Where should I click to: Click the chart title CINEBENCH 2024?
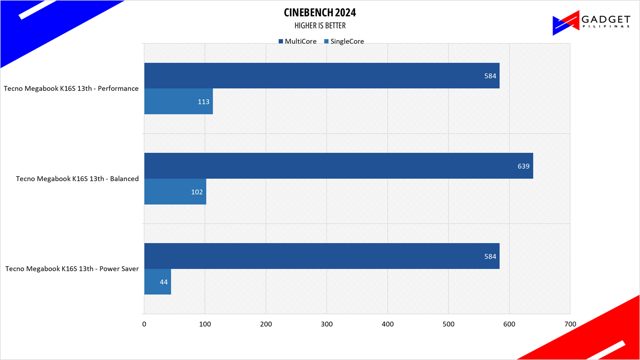[x=320, y=12]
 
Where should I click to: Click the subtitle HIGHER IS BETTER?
[x=320, y=26]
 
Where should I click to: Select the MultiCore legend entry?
[x=298, y=41]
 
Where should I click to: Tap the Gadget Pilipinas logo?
[x=591, y=22]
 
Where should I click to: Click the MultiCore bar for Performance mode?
[x=321, y=76]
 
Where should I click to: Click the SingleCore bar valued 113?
[x=178, y=102]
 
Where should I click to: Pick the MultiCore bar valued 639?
[x=338, y=166]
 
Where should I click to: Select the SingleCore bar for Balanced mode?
[x=175, y=192]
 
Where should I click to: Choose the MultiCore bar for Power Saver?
[x=321, y=256]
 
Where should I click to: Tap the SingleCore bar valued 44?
[x=157, y=282]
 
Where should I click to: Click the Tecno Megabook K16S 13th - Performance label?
[x=71, y=89]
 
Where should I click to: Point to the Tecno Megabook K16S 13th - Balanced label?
[x=77, y=179]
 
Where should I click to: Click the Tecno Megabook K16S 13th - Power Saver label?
[x=72, y=269]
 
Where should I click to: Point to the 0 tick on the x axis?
[x=144, y=324]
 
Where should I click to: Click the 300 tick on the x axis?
[x=326, y=324]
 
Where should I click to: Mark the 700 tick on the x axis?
[x=570, y=324]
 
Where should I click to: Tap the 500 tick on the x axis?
[x=448, y=324]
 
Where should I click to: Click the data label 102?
[x=197, y=192]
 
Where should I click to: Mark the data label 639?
[x=523, y=166]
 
